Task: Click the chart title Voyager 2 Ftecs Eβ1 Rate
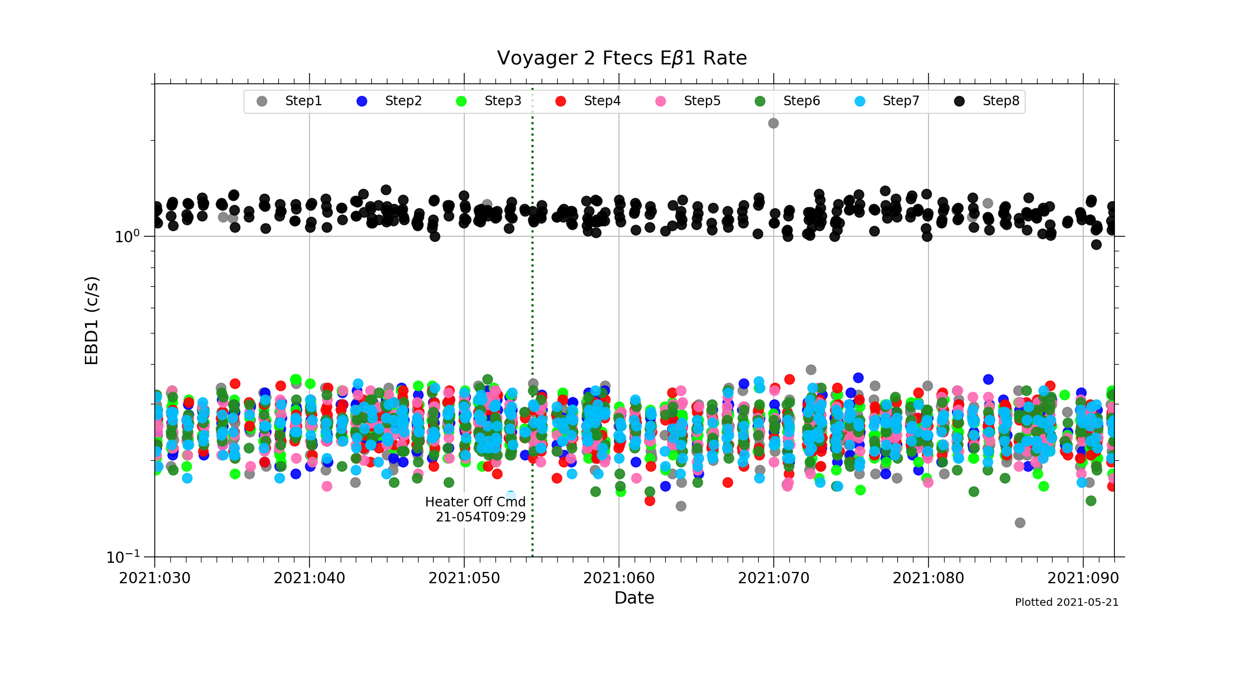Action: (622, 58)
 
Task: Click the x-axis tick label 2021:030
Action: (155, 578)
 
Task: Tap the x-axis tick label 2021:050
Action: (464, 578)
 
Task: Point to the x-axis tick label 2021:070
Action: (774, 578)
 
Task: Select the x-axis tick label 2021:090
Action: (1083, 578)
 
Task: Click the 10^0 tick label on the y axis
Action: (127, 236)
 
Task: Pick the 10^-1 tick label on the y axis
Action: (123, 557)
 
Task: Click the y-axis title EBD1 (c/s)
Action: (92, 321)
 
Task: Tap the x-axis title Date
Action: (634, 598)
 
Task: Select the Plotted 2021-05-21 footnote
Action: (1067, 603)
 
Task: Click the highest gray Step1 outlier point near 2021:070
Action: (773, 123)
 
